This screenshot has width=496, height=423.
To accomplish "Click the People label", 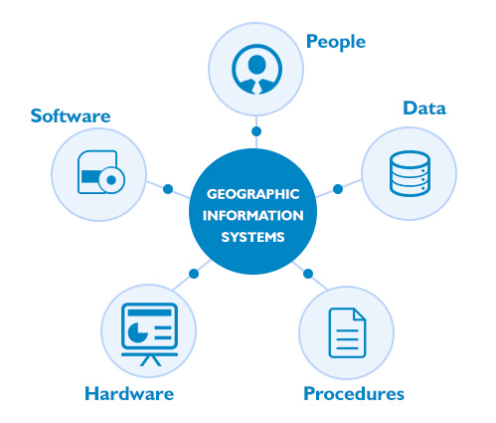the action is pyautogui.click(x=336, y=43).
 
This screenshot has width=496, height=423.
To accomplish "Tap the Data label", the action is pyautogui.click(x=424, y=108).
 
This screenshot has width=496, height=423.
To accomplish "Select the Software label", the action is pyautogui.click(x=71, y=115).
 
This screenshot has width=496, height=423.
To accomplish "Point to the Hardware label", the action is pyautogui.click(x=129, y=393).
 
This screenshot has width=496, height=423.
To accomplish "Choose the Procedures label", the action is pyautogui.click(x=354, y=394).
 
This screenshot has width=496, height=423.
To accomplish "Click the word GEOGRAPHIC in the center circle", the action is pyautogui.click(x=253, y=194).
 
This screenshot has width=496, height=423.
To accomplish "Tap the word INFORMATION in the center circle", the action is pyautogui.click(x=253, y=216).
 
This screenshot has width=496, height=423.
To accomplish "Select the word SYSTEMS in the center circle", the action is pyautogui.click(x=253, y=237).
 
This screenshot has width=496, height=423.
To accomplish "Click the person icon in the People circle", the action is pyautogui.click(x=256, y=69).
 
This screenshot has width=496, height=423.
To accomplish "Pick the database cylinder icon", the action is pyautogui.click(x=410, y=173).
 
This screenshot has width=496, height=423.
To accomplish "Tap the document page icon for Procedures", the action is pyautogui.click(x=347, y=333).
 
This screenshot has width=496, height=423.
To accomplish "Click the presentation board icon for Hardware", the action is pyautogui.click(x=150, y=334).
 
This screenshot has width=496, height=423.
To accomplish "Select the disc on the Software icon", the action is pyautogui.click(x=111, y=180).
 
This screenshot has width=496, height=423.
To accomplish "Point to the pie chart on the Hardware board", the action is pyautogui.click(x=137, y=331).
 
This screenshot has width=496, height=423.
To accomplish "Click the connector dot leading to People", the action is pyautogui.click(x=256, y=131).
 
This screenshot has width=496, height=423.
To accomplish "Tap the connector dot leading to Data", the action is pyautogui.click(x=338, y=189).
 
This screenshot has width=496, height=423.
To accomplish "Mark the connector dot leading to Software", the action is pyautogui.click(x=168, y=189).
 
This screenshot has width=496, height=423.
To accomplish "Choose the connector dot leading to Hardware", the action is pyautogui.click(x=194, y=274).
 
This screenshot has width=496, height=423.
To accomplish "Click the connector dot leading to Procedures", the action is pyautogui.click(x=308, y=274).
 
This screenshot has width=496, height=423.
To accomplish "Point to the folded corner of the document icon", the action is pyautogui.click(x=359, y=315).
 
